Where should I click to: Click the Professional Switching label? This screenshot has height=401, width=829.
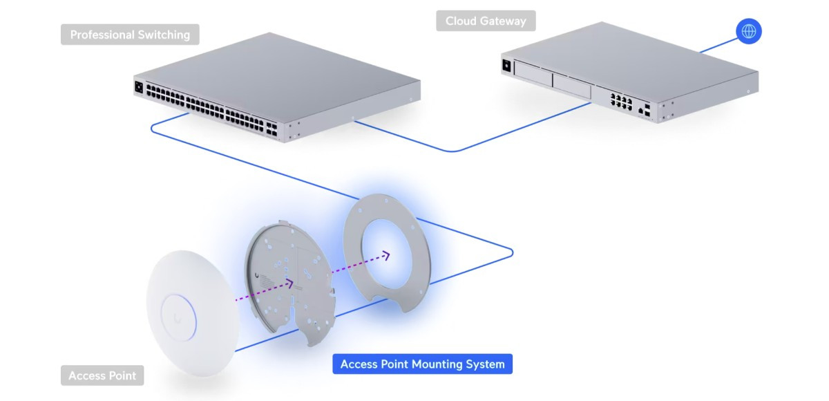coord(130,35)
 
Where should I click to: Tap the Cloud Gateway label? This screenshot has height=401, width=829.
coord(486,21)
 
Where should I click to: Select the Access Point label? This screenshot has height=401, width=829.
coord(102,376)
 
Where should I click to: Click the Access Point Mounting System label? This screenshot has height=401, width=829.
coord(422,364)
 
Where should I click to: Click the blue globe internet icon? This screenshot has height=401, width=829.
coord(749,31)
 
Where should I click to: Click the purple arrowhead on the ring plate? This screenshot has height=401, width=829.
coord(385,256)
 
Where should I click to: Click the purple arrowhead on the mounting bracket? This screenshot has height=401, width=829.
coord(289,283)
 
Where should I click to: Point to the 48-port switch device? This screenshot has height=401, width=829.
coord(276,86)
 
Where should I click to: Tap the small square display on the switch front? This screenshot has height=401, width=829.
coord(138,88)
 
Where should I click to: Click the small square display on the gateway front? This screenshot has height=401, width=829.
coord(506,65)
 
